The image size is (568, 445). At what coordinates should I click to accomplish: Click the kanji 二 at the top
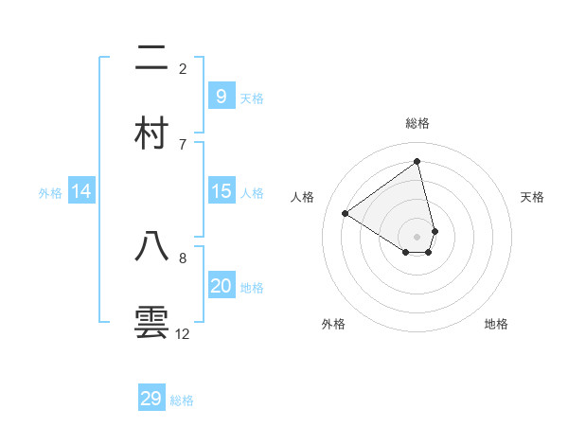pyautogui.click(x=152, y=59)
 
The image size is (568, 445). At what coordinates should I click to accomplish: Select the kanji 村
pyautogui.click(x=152, y=133)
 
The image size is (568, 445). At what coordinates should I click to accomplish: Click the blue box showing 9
pyautogui.click(x=221, y=96)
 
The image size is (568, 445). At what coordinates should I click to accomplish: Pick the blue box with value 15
pyautogui.click(x=221, y=191)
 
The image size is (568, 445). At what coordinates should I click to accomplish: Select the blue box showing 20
pyautogui.click(x=221, y=286)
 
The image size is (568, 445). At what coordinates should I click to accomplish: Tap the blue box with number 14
pyautogui.click(x=81, y=191)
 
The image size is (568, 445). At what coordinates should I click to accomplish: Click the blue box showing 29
pyautogui.click(x=151, y=399)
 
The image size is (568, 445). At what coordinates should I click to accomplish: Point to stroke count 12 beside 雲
pyautogui.click(x=183, y=334)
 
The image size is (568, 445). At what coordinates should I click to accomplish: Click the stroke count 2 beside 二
pyautogui.click(x=183, y=69)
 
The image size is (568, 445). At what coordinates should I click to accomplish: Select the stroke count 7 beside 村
pyautogui.click(x=183, y=144)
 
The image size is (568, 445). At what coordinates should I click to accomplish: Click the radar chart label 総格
pyautogui.click(x=417, y=123)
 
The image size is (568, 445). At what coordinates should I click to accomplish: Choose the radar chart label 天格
pyautogui.click(x=533, y=197)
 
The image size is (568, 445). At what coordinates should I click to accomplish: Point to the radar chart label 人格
pyautogui.click(x=303, y=197)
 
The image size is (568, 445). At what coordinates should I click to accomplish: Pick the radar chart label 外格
pyautogui.click(x=333, y=324)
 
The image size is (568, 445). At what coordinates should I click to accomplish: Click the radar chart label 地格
pyautogui.click(x=496, y=324)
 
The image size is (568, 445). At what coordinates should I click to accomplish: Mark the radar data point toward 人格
pyautogui.click(x=346, y=213)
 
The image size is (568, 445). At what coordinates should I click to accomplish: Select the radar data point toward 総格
pyautogui.click(x=417, y=162)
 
